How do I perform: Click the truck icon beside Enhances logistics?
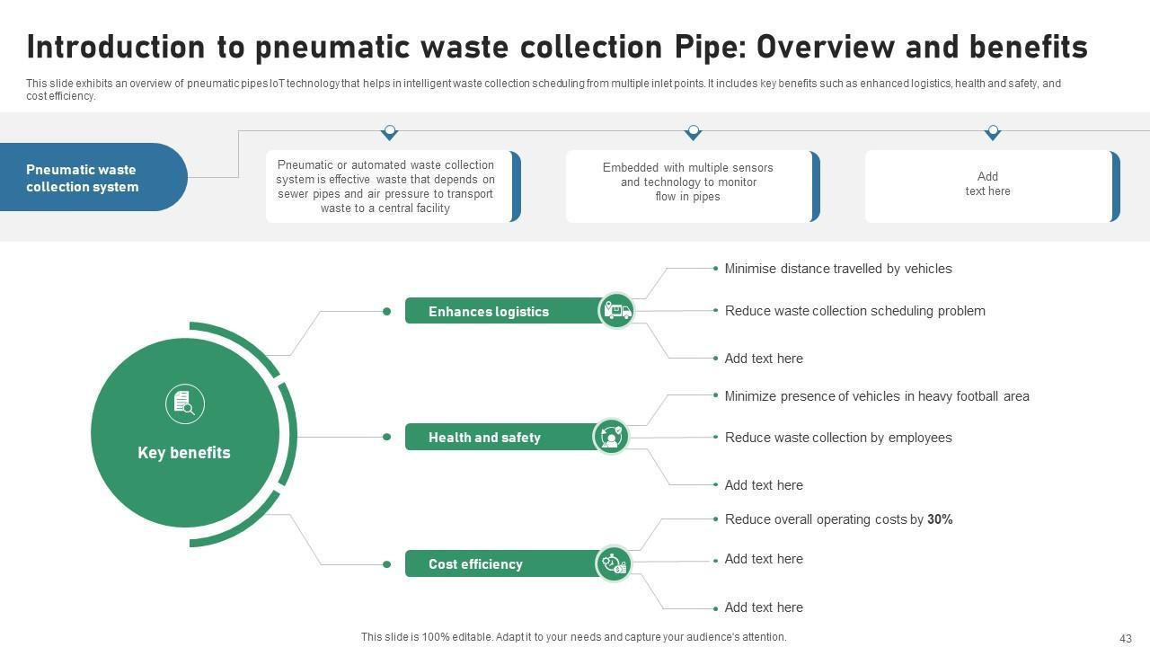tap(616, 311)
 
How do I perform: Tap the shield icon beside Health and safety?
tap(611, 437)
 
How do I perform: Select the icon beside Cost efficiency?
tap(615, 563)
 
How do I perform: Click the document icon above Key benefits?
tap(185, 403)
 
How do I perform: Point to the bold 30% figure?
tap(940, 519)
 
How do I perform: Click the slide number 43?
tap(1126, 638)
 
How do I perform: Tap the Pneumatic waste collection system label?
tap(83, 178)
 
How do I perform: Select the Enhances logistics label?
tap(489, 312)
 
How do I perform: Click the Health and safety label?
tap(484, 438)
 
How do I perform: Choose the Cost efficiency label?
tap(475, 564)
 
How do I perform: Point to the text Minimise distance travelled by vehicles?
tap(838, 269)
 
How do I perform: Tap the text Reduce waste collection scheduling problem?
tap(854, 311)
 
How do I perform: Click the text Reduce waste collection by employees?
tap(838, 438)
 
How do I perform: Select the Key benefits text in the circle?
tap(184, 453)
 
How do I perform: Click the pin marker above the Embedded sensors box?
tap(693, 133)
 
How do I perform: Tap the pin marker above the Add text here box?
tap(993, 133)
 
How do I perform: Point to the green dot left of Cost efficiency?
tap(386, 564)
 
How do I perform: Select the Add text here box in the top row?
tap(988, 184)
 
